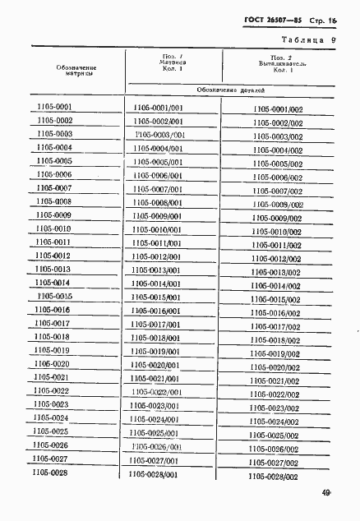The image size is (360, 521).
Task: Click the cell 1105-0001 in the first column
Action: click(x=55, y=107)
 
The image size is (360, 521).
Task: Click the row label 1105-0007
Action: click(x=55, y=187)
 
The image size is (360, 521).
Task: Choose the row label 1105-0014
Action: click(x=54, y=283)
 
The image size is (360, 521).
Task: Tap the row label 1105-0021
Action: click(x=53, y=376)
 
